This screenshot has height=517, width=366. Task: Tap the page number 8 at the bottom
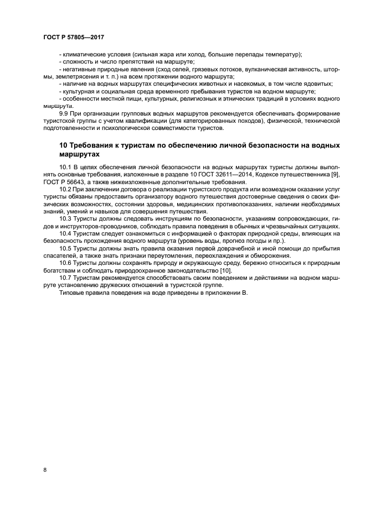[44, 470]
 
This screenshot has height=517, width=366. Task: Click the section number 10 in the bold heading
[63, 145]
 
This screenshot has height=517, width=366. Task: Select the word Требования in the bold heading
[92, 145]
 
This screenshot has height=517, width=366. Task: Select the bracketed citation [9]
[334, 174]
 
